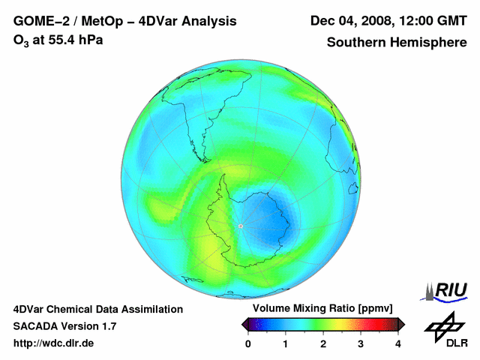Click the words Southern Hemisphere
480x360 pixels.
396,43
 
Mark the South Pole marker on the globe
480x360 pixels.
240,226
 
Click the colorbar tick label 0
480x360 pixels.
248,343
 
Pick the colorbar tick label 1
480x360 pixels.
286,343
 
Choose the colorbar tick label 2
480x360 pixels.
323,343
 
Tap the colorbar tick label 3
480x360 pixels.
361,343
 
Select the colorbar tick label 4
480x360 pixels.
398,343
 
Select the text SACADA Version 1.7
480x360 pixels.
64,326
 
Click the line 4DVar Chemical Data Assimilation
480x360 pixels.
97,309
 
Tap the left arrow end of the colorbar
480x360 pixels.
245,324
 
